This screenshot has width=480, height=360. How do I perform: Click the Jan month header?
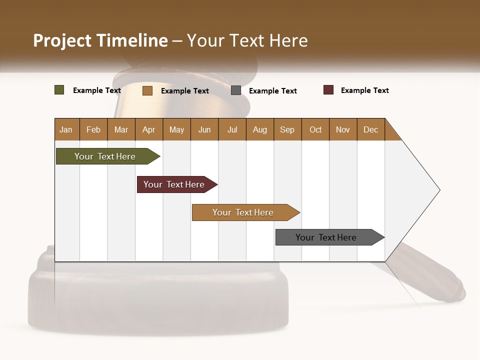pos(66,129)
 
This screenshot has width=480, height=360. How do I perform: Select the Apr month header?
pos(148,129)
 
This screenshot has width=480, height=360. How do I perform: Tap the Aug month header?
pos(259,129)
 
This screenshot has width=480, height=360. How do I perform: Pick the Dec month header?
pos(370,129)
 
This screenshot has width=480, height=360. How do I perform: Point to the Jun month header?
pos(204,129)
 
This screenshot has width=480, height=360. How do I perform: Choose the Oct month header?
pos(315,129)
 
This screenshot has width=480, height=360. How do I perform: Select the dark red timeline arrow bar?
pos(175,184)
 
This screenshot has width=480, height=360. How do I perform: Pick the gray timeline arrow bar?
pos(328,237)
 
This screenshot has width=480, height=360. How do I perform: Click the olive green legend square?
pos(59,90)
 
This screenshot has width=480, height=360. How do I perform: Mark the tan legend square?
pos(147,90)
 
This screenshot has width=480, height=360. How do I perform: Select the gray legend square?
pos(235,90)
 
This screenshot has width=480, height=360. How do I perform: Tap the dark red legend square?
pos(328,90)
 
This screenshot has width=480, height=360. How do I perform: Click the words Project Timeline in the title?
pos(100,40)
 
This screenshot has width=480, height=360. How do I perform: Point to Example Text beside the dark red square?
pos(364,90)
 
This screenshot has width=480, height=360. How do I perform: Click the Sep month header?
pos(287,129)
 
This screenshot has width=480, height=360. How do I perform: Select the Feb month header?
pos(93,129)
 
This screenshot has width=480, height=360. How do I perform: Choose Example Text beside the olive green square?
pos(96,90)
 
